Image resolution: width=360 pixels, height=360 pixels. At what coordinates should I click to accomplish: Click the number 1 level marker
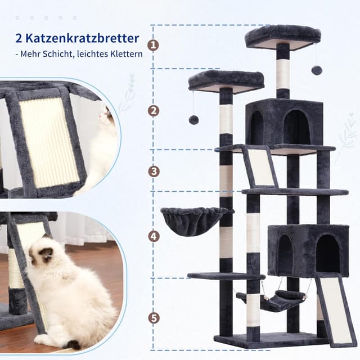click(x=154, y=45)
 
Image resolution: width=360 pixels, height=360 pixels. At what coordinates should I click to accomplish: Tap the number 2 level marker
click(x=154, y=111)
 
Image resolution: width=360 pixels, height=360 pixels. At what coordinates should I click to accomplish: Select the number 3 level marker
click(x=154, y=171)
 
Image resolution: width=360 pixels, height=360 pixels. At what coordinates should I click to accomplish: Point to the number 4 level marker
click(x=154, y=236)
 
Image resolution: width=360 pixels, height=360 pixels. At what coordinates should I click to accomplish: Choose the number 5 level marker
click(x=154, y=318)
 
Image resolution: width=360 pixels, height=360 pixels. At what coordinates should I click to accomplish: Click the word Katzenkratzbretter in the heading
click(x=83, y=38)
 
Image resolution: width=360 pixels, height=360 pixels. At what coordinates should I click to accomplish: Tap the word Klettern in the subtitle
click(x=126, y=54)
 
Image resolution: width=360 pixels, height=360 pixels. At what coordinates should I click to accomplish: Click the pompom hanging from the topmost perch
click(x=316, y=70)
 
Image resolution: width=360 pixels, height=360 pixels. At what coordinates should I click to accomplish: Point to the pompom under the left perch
click(x=193, y=120)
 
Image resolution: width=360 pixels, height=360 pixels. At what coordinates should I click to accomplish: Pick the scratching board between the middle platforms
click(x=260, y=166)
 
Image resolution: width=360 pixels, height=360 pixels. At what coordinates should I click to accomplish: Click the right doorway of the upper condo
click(x=297, y=127)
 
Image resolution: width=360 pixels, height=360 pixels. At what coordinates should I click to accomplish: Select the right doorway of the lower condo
click(x=328, y=253)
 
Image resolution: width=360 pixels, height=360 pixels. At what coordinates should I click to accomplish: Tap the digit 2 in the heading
click(x=19, y=39)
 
